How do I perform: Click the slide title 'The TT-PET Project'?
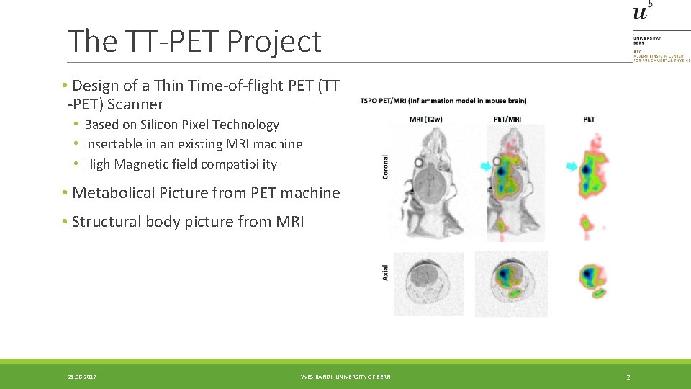(194, 41)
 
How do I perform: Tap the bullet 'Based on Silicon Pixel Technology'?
(181, 125)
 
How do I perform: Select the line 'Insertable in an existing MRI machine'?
(193, 144)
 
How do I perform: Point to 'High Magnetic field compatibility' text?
(180, 164)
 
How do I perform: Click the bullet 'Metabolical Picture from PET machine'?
(206, 193)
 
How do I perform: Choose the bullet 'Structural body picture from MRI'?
(188, 222)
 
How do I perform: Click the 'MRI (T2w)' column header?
(425, 119)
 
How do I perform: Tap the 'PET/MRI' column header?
(507, 119)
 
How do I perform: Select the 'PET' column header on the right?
(589, 119)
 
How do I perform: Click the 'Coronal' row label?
(385, 168)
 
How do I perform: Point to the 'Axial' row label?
(385, 272)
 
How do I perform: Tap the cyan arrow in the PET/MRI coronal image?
(487, 166)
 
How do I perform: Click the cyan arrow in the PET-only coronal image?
(572, 166)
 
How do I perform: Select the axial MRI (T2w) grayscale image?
(428, 283)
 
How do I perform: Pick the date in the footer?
(82, 377)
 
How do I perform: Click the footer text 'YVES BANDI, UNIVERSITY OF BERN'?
(345, 377)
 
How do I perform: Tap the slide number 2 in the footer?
(628, 377)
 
